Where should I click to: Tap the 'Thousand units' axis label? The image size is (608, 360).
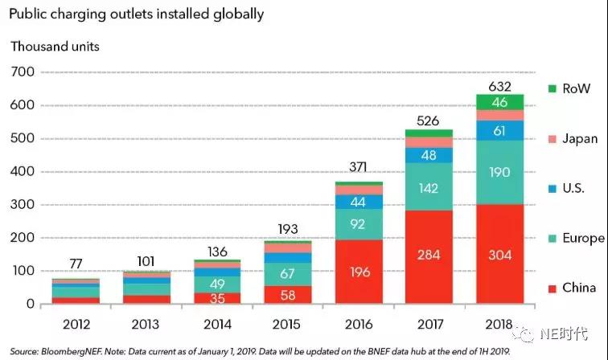pyautogui.click(x=55, y=46)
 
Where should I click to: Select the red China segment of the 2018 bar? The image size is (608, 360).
pyautogui.click(x=500, y=254)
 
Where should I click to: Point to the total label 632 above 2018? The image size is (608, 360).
pyautogui.click(x=500, y=85)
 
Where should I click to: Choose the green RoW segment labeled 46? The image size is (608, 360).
pyautogui.click(x=500, y=102)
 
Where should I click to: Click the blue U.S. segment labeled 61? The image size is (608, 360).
pyautogui.click(x=500, y=130)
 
